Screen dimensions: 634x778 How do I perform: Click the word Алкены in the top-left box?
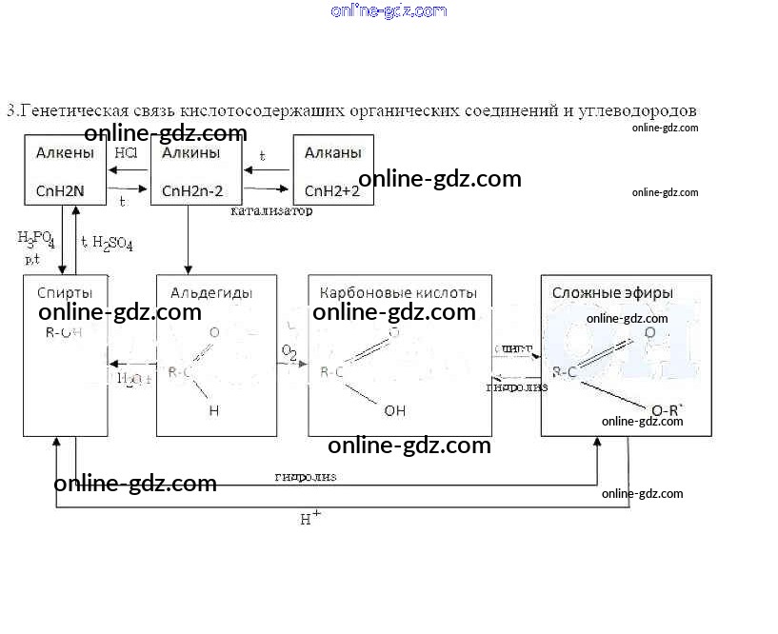click(65, 153)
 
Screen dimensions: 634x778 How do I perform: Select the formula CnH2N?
click(61, 190)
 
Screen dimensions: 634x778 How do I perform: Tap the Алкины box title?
click(191, 153)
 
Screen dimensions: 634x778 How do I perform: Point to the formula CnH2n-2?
click(193, 190)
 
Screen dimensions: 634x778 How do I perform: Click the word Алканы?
click(331, 153)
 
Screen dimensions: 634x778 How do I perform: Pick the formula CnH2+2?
click(331, 190)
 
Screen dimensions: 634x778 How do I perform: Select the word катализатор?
click(271, 211)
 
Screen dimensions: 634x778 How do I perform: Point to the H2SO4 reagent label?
click(112, 244)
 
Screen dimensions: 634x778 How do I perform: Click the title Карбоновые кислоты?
click(398, 292)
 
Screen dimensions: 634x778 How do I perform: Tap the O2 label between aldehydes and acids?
click(289, 353)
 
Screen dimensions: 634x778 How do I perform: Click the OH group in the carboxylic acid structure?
click(395, 411)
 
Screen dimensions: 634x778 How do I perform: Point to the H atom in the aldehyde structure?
click(214, 411)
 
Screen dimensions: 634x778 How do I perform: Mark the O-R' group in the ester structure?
click(667, 410)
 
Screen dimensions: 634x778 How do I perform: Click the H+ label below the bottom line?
click(310, 519)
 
